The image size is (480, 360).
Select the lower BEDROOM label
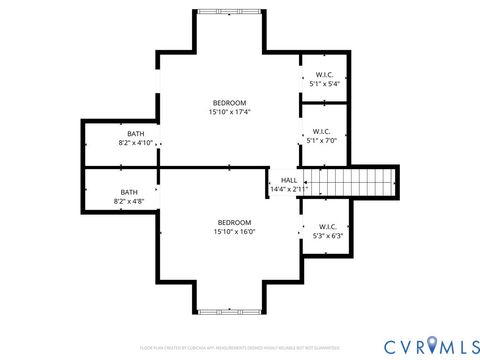pos(234,222)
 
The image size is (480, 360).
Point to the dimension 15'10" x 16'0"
pos(234,231)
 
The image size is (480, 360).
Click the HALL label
pos(288,180)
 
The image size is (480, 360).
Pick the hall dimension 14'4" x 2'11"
pos(288,189)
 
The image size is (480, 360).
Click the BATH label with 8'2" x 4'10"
pos(135,134)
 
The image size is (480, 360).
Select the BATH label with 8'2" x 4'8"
pos(129,192)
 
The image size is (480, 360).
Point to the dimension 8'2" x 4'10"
pos(135,143)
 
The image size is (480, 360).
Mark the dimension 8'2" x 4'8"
pos(129,201)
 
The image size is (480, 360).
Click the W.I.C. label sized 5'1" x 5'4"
pos(324,75)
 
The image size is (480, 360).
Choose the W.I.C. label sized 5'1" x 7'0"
pos(321,131)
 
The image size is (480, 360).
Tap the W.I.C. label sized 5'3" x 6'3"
pos(328,226)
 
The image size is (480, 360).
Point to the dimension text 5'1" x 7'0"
pos(321,140)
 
